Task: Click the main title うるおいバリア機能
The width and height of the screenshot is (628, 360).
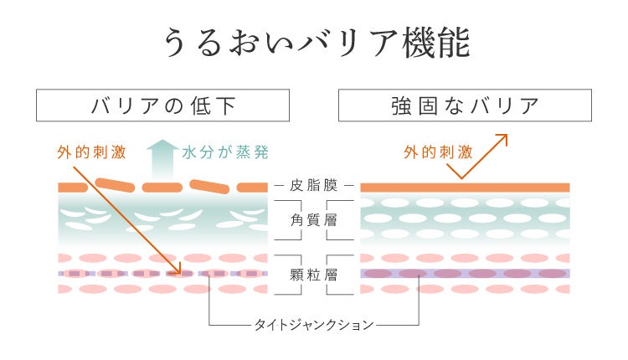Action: tap(314, 43)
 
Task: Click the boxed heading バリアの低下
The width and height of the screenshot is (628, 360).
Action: tap(162, 105)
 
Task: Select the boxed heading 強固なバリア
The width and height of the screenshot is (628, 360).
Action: tap(465, 105)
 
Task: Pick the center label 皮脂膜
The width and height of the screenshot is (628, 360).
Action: tap(314, 186)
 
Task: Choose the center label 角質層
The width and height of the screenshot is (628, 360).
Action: tap(314, 219)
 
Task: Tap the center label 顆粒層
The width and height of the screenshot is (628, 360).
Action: tap(314, 274)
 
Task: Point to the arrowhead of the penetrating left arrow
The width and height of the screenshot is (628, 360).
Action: tap(177, 270)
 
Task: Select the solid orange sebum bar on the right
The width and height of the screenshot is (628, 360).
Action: tap(465, 187)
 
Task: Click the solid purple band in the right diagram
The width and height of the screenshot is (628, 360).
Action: tap(465, 273)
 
